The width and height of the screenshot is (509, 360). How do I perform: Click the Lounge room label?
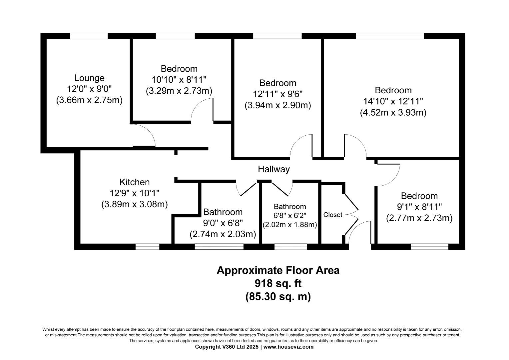click(89, 78)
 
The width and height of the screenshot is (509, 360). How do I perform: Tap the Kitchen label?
click(135, 182)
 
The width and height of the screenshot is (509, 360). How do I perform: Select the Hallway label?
click(273, 169)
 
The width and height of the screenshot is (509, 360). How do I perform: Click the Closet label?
click(332, 215)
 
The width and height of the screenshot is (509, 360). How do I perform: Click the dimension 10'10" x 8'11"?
click(179, 80)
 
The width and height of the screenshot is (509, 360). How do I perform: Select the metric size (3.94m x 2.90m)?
click(277, 105)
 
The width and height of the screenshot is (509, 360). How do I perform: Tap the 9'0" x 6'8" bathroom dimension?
click(223, 223)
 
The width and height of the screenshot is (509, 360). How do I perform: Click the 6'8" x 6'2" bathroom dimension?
click(289, 216)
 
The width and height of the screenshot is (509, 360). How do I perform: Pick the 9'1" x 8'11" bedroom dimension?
click(419, 207)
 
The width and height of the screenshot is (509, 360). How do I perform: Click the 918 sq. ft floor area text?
click(278, 283)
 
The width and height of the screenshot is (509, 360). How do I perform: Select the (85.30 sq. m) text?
click(278, 296)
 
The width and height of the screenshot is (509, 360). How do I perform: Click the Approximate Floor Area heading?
click(278, 270)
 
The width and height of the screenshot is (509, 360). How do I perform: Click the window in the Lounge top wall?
click(89, 36)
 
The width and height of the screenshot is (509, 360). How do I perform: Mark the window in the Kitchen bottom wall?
click(147, 247)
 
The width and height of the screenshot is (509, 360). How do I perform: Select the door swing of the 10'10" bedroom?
click(202, 110)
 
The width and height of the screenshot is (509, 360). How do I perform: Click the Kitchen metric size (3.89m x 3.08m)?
click(135, 204)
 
